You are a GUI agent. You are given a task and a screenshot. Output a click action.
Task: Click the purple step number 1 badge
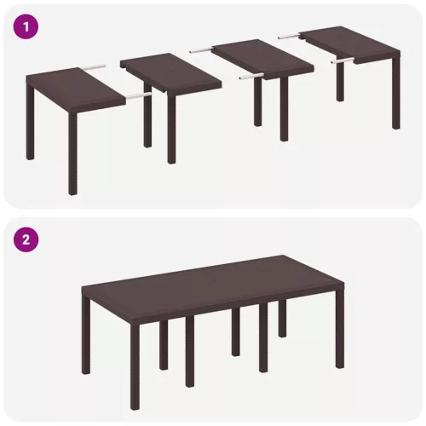click(x=26, y=28)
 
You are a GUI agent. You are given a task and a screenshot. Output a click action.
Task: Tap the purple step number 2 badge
click(x=26, y=240)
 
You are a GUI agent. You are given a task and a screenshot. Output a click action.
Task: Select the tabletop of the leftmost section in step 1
click(x=76, y=89)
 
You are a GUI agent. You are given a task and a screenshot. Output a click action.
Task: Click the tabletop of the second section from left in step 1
click(x=170, y=72)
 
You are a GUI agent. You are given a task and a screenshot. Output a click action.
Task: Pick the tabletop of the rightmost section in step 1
click(x=351, y=44)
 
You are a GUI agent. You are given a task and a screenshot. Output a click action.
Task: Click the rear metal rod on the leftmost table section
click(x=95, y=67)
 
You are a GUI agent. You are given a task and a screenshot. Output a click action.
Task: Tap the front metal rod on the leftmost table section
click(x=139, y=96)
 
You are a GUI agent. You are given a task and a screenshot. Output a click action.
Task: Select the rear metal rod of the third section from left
click(x=201, y=51)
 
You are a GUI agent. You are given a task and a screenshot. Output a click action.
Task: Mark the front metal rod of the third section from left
click(x=251, y=76)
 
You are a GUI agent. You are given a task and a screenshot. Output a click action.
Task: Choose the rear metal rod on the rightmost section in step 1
click(x=289, y=36)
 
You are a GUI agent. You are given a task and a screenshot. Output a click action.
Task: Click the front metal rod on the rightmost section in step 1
click(x=343, y=60)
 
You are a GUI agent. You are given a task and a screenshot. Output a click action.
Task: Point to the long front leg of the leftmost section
click(x=72, y=153)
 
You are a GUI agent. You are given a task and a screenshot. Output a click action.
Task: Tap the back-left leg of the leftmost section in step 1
click(x=30, y=121)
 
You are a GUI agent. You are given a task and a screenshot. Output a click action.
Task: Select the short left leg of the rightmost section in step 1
click(x=341, y=82)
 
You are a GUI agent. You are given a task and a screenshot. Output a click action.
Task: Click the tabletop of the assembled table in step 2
click(x=212, y=280)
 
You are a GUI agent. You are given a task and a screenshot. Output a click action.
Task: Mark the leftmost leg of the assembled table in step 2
click(x=86, y=335)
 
